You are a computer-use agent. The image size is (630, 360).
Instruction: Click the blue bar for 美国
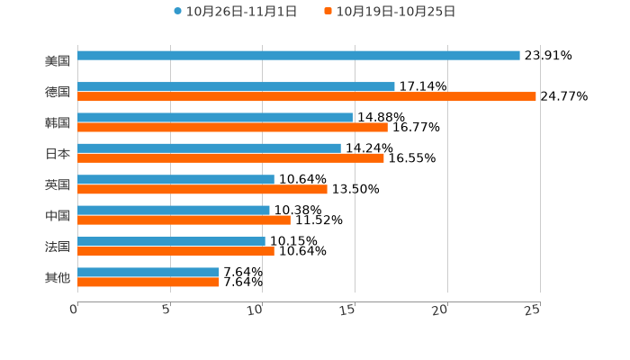click(299, 56)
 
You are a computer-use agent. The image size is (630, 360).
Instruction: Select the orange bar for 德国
click(307, 96)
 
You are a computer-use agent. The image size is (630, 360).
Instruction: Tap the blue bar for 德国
click(236, 86)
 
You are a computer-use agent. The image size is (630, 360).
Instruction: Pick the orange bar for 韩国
click(232, 127)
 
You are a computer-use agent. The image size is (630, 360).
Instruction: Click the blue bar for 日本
click(209, 148)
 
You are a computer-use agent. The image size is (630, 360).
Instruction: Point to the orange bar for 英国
click(202, 189)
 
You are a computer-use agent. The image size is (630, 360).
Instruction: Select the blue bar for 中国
click(174, 210)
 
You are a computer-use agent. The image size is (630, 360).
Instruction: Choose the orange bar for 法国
click(175, 251)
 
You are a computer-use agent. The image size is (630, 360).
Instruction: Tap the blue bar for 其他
click(148, 272)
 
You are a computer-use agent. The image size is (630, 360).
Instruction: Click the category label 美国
click(58, 61)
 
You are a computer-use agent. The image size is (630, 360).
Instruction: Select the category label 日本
click(58, 154)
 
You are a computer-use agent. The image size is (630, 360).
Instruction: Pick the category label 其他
click(58, 278)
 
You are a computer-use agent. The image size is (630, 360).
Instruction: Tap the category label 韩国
click(58, 122)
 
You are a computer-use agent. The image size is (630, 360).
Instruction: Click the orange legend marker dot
click(328, 12)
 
